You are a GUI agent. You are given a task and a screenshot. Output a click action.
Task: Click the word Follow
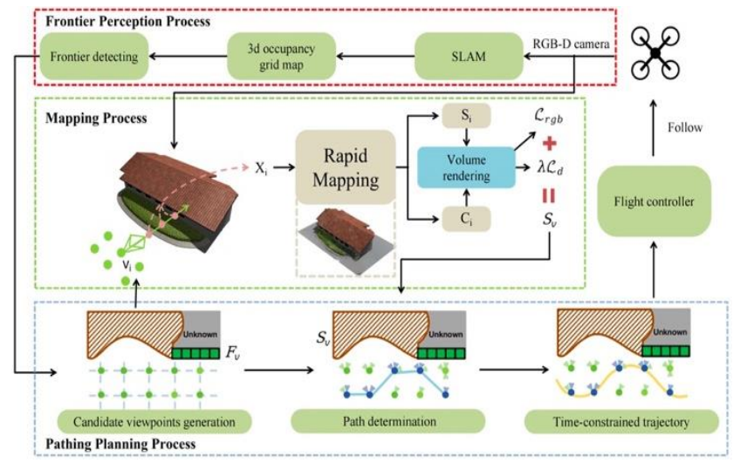coord(685,127)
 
